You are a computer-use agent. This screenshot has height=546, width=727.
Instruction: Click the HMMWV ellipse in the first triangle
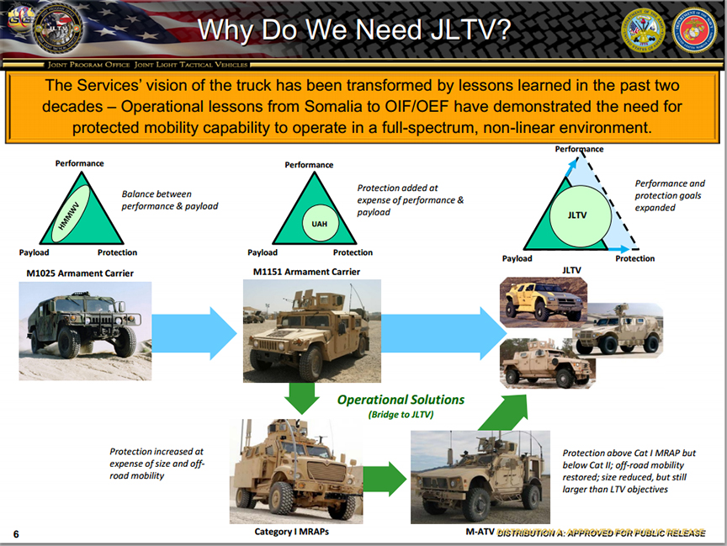[71, 214]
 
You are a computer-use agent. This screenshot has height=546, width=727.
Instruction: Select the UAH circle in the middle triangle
[320, 223]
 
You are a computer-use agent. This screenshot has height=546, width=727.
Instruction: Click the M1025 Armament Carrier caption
[80, 273]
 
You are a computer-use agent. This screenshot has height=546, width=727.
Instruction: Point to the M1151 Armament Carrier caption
[306, 272]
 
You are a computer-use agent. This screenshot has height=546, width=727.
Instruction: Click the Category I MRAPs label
[292, 532]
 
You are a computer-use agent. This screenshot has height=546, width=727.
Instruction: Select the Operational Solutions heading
[401, 400]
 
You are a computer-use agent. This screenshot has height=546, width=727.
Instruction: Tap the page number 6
[16, 534]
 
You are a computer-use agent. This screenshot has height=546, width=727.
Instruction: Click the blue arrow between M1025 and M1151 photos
[194, 333]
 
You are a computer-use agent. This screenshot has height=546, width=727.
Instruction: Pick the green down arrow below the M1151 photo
[302, 398]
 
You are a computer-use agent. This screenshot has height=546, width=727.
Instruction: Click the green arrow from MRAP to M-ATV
[385, 479]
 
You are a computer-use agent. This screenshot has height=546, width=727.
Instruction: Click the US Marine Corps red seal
[694, 30]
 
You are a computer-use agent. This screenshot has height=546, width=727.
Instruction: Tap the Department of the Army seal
[643, 30]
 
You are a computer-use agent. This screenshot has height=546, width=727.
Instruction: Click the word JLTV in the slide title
[470, 30]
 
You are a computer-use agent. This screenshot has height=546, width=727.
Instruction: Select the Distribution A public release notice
[602, 533]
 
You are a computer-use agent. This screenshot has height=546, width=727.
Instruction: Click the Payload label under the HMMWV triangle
[34, 252]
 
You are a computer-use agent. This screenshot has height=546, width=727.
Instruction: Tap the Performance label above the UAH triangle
[309, 165]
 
